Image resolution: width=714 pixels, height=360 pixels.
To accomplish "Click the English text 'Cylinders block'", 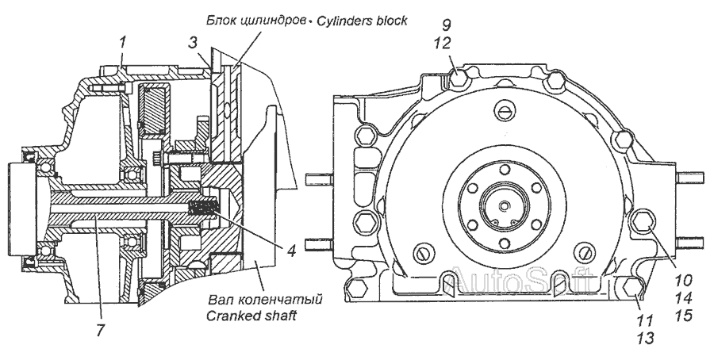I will [363, 21].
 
